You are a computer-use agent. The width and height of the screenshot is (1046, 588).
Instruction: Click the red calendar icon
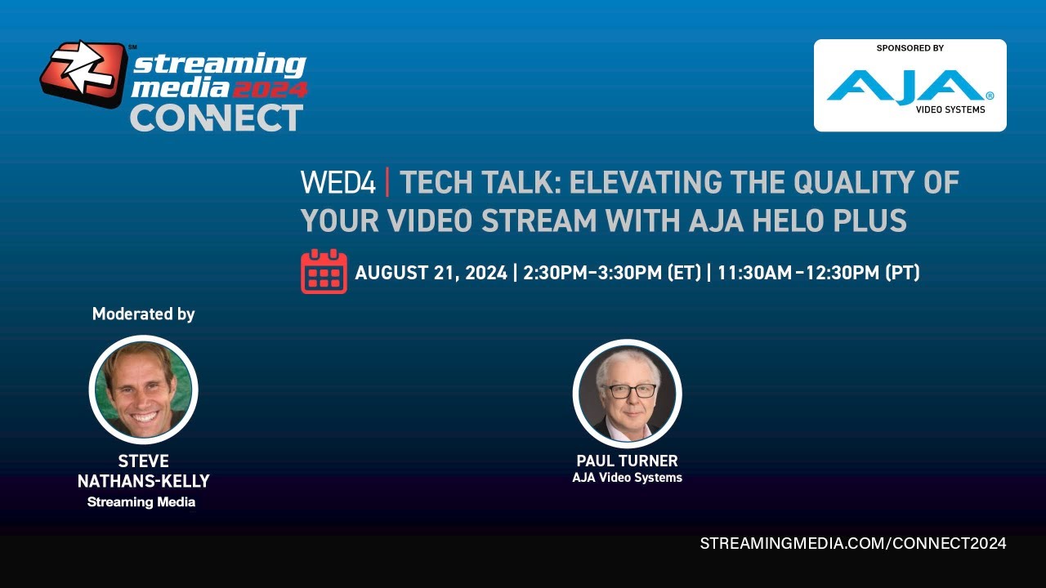[x=324, y=272]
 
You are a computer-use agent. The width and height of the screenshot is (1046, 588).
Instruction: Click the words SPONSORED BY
[x=910, y=48]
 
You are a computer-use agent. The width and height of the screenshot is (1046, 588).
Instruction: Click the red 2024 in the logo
[x=270, y=88]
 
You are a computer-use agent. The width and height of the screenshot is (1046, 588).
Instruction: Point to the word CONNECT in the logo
[x=217, y=118]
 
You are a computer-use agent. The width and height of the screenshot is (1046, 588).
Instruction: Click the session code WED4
[x=337, y=183]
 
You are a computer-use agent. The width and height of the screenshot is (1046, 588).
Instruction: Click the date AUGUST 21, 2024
[x=431, y=273]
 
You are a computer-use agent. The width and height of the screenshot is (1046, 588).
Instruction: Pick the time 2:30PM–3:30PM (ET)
[x=612, y=273]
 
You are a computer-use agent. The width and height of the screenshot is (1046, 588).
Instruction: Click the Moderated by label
[x=143, y=314]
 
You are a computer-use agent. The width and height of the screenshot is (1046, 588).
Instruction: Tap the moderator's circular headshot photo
[x=143, y=390]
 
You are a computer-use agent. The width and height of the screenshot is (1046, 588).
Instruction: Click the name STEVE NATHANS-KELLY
[x=143, y=471]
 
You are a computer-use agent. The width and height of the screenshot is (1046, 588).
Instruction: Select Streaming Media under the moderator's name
[x=141, y=502]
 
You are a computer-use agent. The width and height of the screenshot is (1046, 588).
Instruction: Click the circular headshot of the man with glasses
[x=627, y=394]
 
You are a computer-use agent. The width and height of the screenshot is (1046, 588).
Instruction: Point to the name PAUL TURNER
[x=627, y=461]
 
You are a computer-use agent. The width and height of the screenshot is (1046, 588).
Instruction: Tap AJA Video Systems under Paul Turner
[x=627, y=478]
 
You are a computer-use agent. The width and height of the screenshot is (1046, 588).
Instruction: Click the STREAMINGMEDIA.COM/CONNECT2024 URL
[x=853, y=543]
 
